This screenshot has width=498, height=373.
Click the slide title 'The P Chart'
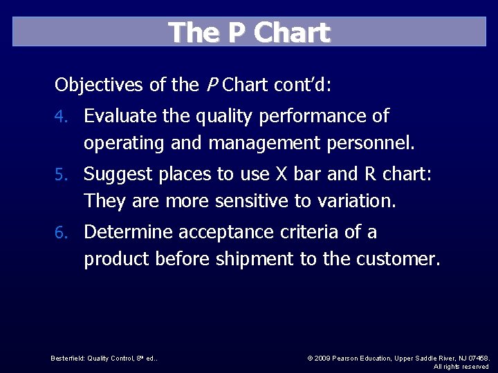249,32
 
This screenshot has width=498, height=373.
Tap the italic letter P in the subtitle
212,86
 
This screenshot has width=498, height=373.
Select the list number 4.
61,117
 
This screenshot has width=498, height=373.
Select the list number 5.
61,175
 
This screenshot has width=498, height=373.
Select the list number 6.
61,233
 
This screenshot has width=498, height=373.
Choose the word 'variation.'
356,202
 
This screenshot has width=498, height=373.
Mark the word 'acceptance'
229,233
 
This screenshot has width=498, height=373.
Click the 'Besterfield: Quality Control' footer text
104,358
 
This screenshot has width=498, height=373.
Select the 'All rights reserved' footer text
461,366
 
